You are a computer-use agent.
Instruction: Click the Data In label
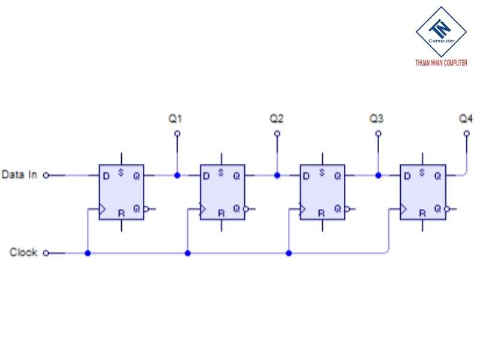point(20,175)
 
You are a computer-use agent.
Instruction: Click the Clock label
point(23,253)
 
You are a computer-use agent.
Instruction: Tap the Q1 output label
point(176,119)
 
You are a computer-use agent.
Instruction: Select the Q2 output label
point(277,119)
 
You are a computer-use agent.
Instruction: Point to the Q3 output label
point(377,119)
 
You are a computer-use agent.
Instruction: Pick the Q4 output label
point(466,119)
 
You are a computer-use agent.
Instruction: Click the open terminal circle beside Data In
point(46,176)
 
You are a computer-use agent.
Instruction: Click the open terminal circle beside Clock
point(46,253)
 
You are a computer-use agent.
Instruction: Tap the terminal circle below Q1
point(176,134)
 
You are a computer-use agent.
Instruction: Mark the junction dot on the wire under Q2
point(277,176)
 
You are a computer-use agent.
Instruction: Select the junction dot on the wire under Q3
point(377,176)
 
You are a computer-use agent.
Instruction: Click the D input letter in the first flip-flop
point(106,176)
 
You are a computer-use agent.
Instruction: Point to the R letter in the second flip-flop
point(221,212)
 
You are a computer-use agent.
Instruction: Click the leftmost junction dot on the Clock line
point(88,253)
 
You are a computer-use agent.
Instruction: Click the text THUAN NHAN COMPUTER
point(441,63)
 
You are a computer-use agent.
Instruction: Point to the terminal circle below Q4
point(467,134)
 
